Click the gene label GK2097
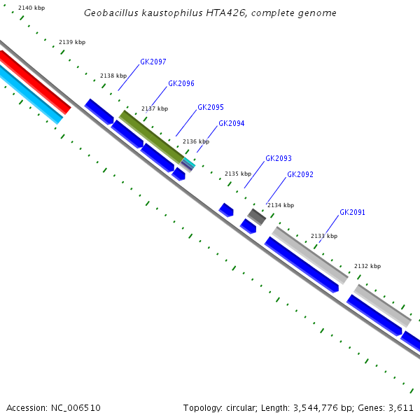point(153,62)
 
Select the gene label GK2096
point(181,83)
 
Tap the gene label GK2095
point(210,107)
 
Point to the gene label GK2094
point(231,123)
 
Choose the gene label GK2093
point(278,158)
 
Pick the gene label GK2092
point(300,174)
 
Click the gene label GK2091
point(352,212)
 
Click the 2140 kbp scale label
point(31,7)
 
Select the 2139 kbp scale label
point(72,43)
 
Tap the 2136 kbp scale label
point(196,141)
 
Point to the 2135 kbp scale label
point(237,174)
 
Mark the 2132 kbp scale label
point(367,266)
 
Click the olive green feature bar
point(151,136)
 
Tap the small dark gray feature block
point(257,216)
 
